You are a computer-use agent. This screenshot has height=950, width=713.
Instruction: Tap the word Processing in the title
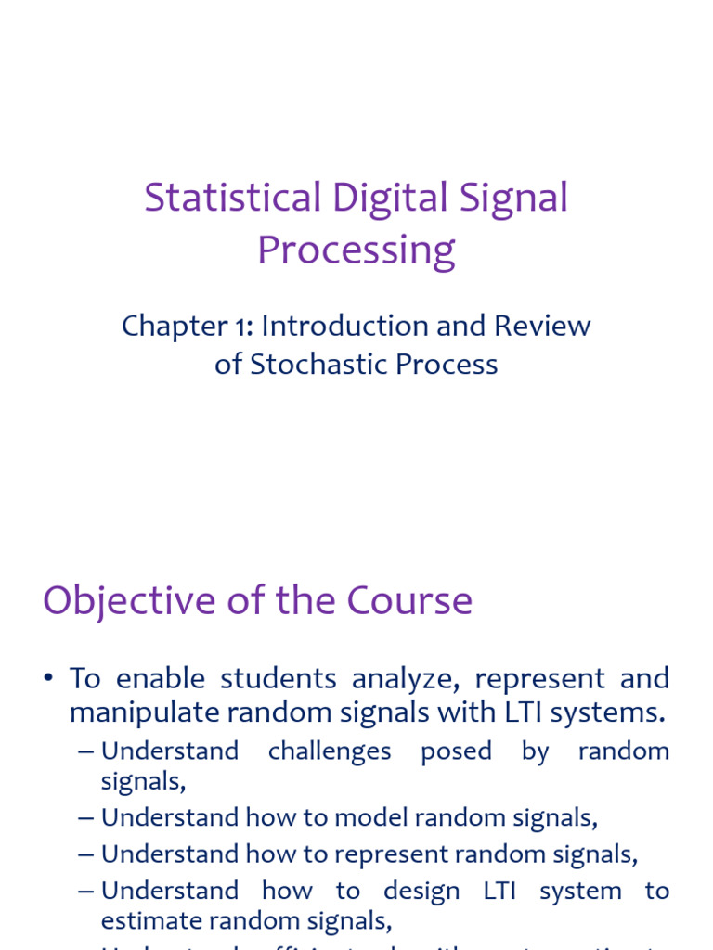tap(356, 250)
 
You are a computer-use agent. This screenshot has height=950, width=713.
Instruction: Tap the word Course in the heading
tap(409, 601)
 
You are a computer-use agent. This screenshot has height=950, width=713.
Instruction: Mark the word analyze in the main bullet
tap(404, 679)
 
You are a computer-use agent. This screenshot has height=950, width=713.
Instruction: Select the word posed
tap(456, 751)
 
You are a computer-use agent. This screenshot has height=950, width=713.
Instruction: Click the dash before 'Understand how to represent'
tap(86, 854)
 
